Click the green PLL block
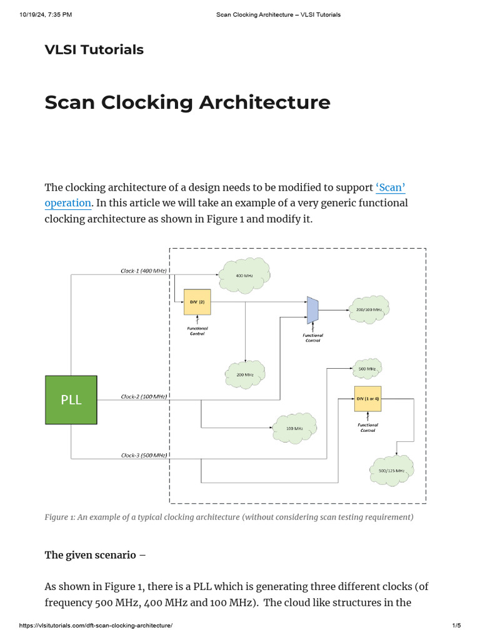click(x=71, y=400)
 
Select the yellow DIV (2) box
click(x=197, y=302)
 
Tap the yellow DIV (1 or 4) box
click(x=367, y=398)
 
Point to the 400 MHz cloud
click(x=244, y=275)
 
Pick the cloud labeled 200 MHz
click(x=244, y=374)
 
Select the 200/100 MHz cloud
click(x=369, y=309)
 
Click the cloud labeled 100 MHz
click(x=294, y=428)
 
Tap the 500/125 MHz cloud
click(x=392, y=470)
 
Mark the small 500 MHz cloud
click(x=367, y=369)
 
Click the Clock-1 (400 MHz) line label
click(x=143, y=271)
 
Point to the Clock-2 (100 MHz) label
click(x=143, y=397)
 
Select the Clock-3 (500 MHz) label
click(x=143, y=456)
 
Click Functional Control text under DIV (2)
click(x=197, y=331)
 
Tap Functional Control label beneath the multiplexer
click(x=312, y=337)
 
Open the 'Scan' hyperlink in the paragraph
click(x=391, y=187)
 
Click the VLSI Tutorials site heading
click(x=94, y=50)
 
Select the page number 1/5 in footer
click(x=456, y=626)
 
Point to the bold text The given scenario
click(x=90, y=555)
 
